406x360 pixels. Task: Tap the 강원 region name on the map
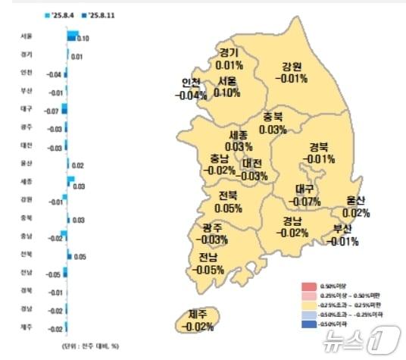click(291, 66)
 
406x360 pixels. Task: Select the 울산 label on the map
click(356, 201)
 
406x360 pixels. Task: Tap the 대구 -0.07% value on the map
click(304, 202)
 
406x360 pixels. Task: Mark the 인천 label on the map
click(191, 83)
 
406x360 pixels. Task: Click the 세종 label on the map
click(239, 134)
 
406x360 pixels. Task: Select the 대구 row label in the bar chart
click(27, 109)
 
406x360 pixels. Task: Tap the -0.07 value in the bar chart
click(52, 111)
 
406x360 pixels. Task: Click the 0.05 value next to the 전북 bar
click(81, 257)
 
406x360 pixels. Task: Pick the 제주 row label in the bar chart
click(27, 327)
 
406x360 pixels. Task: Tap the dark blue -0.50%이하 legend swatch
click(308, 324)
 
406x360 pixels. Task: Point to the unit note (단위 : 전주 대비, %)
click(90, 345)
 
